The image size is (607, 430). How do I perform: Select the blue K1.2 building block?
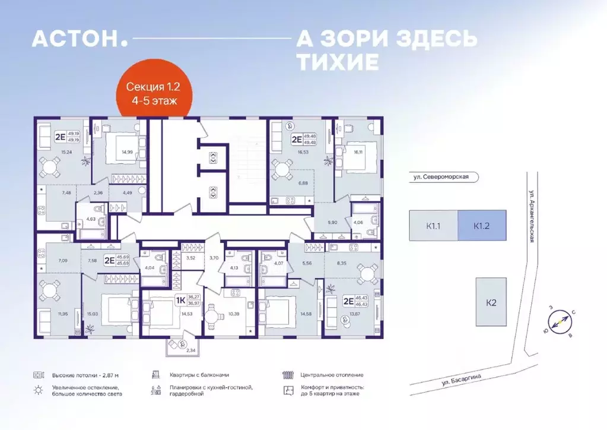click(482, 226)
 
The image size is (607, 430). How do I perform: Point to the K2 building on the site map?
click(490, 302)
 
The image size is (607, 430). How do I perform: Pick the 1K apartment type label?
click(180, 301)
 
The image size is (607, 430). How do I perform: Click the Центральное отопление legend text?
click(332, 375)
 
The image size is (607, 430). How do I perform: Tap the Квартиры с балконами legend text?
click(198, 375)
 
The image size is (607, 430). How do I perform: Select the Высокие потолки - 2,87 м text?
click(85, 375)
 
